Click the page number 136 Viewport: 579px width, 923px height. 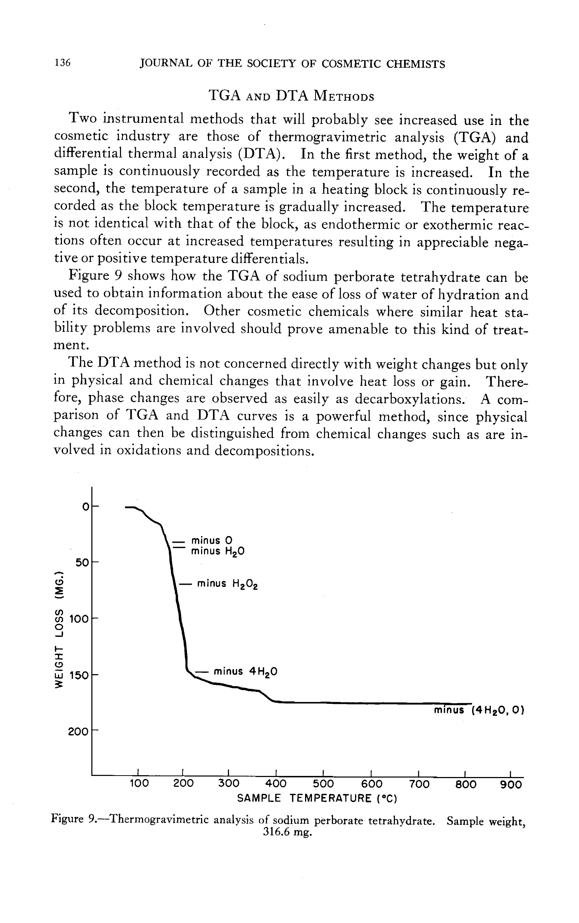click(63, 62)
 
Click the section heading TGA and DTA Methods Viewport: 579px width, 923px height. click(291, 95)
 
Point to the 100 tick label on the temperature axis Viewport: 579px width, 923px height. click(139, 784)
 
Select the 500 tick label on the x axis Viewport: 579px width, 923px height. click(323, 784)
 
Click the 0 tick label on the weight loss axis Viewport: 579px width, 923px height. click(86, 507)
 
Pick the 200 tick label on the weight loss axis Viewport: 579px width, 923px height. click(78, 732)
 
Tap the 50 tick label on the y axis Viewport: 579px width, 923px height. click(82, 562)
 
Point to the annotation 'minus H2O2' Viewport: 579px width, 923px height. click(227, 584)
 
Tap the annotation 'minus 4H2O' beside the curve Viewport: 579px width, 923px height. click(245, 672)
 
